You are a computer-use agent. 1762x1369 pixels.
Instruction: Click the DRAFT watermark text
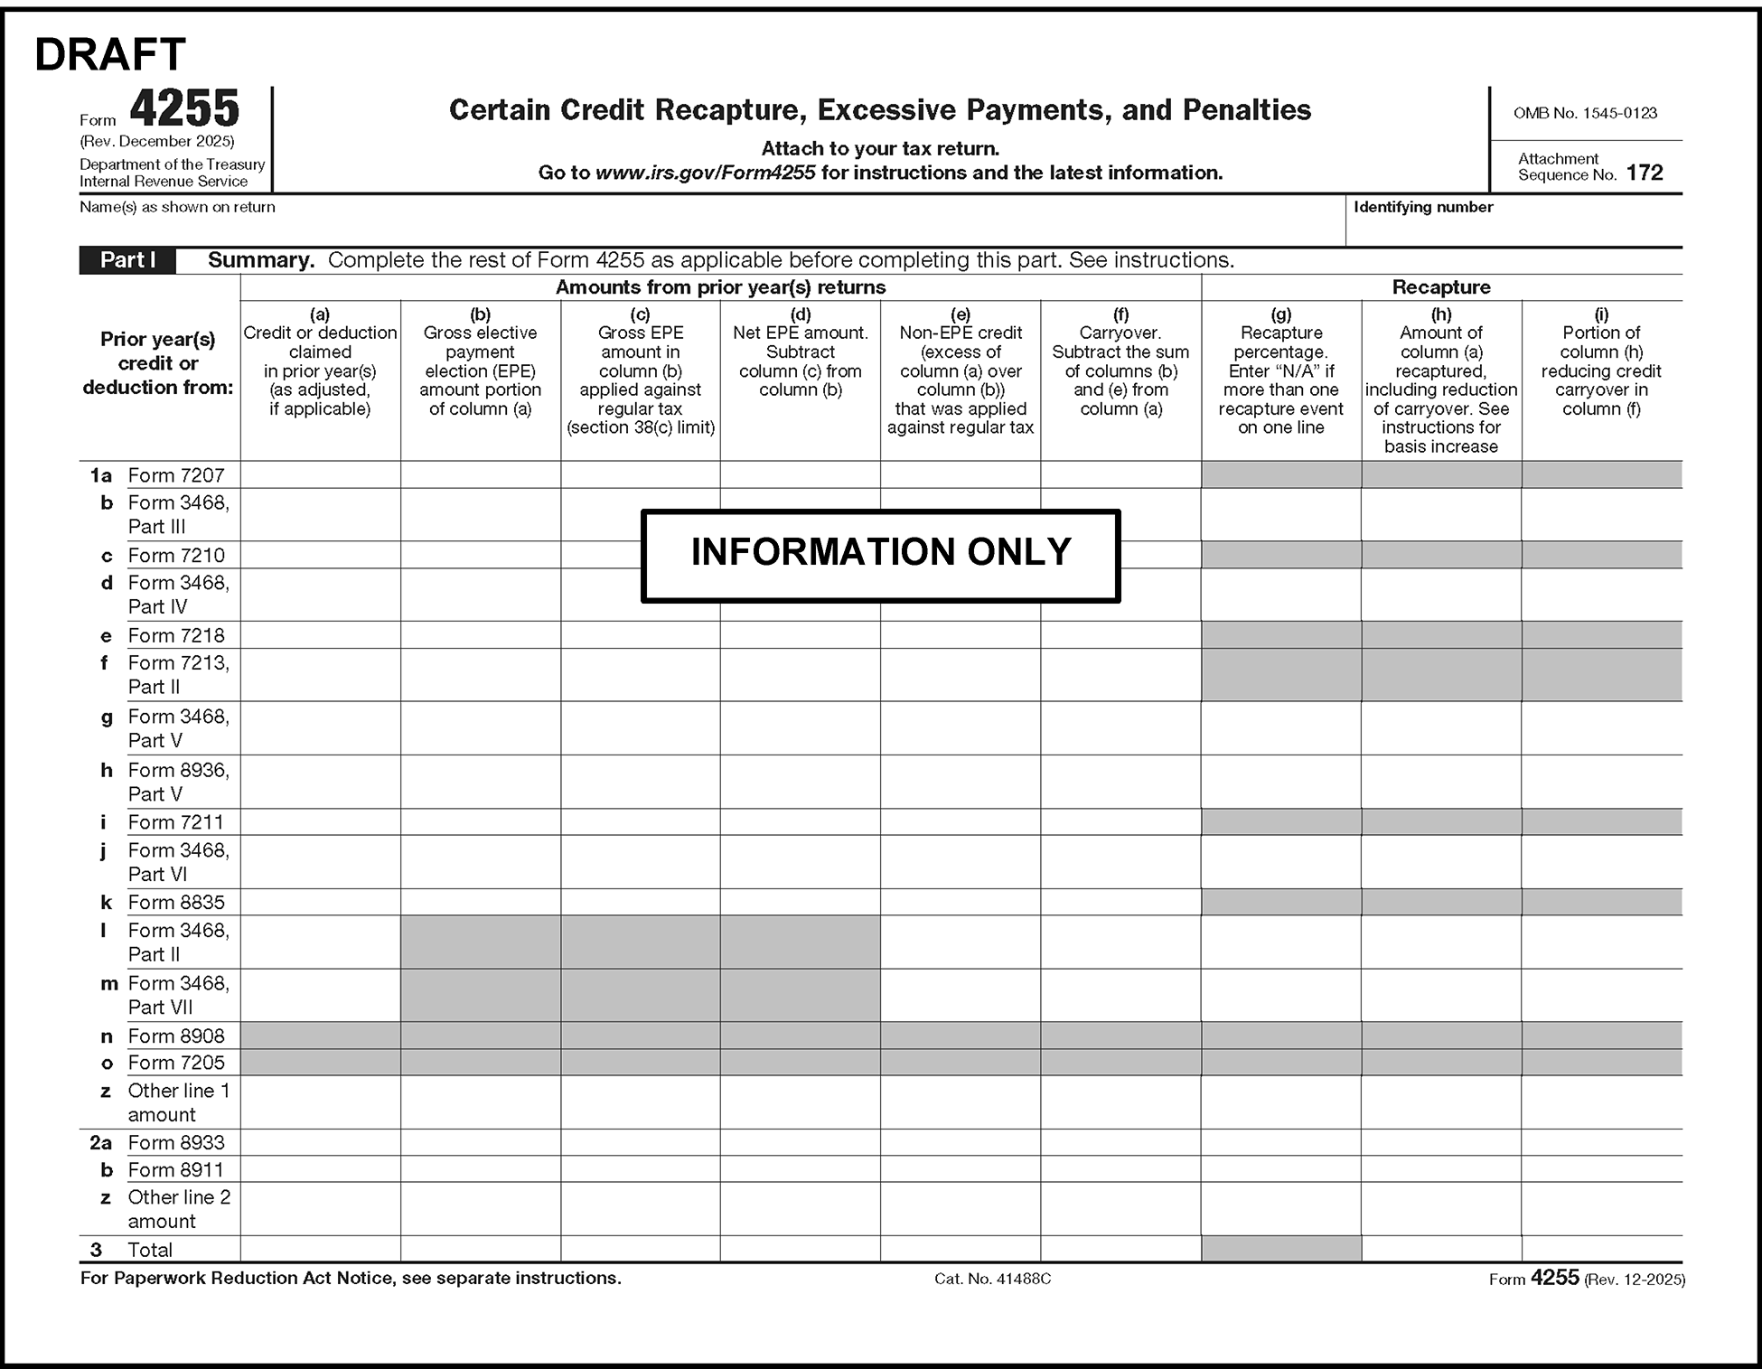(110, 55)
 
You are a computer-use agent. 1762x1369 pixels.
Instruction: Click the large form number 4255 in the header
(184, 109)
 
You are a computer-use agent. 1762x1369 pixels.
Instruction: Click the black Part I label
(127, 260)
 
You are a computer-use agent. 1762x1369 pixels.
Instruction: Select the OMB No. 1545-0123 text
(1585, 113)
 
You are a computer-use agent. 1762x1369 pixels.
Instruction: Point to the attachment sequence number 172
(1645, 173)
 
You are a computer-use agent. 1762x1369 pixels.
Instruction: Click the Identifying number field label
(1422, 207)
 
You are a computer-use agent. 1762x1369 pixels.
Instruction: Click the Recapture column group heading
(1440, 287)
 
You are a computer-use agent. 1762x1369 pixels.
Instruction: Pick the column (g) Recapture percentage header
(1280, 370)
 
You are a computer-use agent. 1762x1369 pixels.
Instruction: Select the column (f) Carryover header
(1120, 361)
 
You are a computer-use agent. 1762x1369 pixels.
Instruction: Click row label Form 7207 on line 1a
(176, 475)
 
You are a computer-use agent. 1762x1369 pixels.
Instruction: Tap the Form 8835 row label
(176, 902)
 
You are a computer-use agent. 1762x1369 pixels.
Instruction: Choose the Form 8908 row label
(176, 1036)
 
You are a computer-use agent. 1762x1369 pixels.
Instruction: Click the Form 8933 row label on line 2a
(176, 1142)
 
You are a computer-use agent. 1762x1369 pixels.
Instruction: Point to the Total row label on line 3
(150, 1250)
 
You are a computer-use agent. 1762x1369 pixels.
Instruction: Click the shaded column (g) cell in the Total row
(1280, 1249)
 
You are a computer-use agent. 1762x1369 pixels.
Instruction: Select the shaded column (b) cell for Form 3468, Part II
(480, 942)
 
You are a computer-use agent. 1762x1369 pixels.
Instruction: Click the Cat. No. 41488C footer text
(992, 1279)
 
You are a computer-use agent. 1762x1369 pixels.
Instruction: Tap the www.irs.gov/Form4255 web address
(705, 173)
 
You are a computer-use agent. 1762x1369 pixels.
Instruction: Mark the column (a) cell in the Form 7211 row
(320, 822)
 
